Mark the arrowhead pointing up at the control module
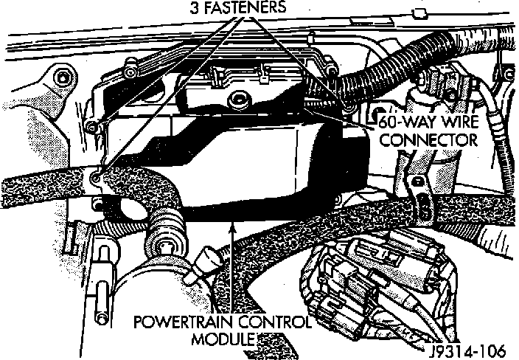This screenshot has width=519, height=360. click(x=234, y=224)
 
